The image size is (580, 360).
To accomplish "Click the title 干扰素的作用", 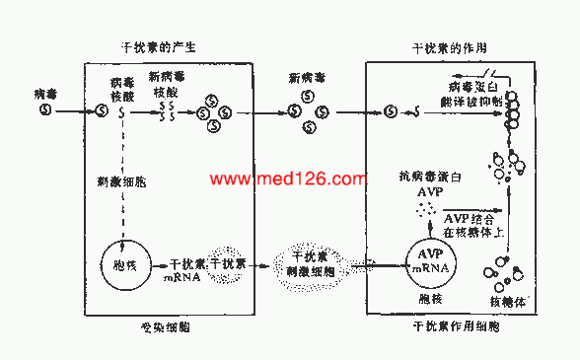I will [448, 46].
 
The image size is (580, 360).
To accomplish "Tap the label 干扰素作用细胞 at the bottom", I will [455, 326].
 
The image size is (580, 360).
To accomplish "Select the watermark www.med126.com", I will [290, 180].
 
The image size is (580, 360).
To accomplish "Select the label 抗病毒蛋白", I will [426, 178].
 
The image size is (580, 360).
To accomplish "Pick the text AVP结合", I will [469, 219].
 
